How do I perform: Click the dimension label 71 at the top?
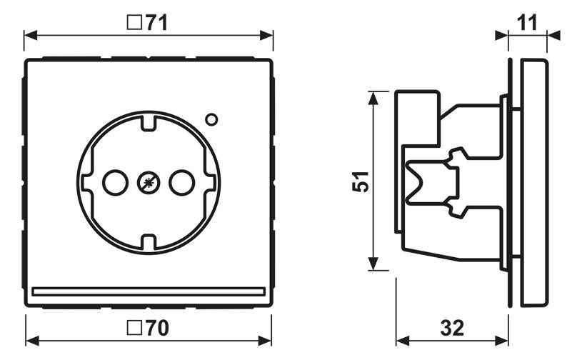pos(156,23)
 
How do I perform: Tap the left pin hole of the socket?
pos(114,183)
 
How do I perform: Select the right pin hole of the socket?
pos(181,183)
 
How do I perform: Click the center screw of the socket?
pos(148,183)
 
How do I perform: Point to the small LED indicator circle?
pos(212,120)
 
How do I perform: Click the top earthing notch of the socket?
pos(148,122)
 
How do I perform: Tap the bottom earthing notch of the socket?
pos(148,243)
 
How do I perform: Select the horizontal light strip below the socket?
pos(149,291)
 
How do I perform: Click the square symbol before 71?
pos(133,23)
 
